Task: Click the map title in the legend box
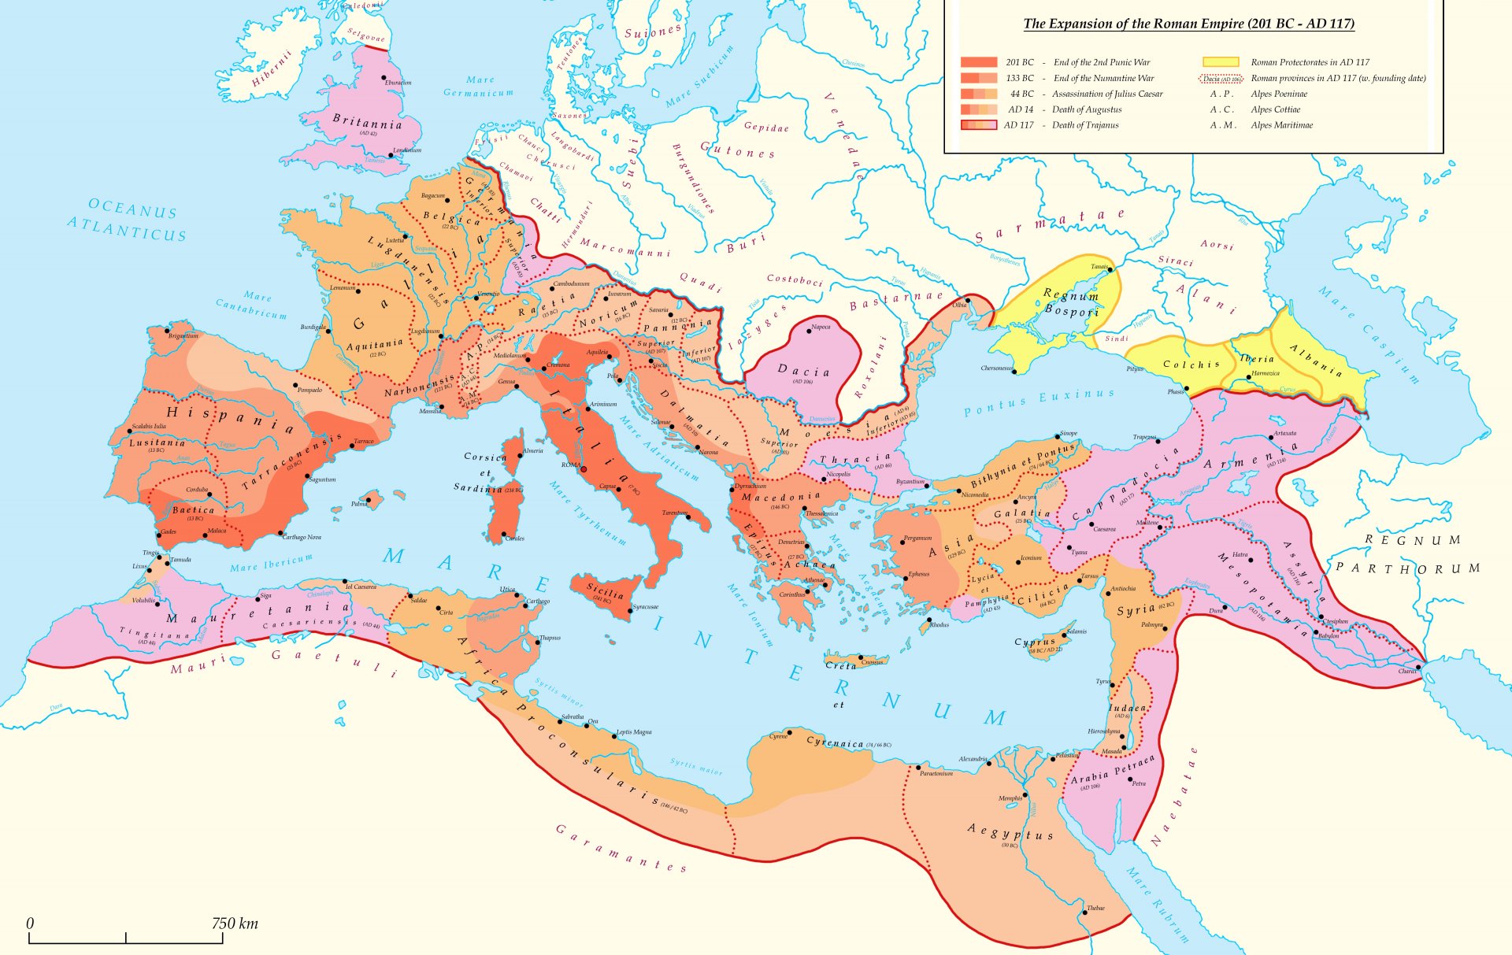tap(1188, 24)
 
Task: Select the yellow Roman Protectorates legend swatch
tap(1220, 62)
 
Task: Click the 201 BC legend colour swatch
tap(978, 62)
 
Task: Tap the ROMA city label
tap(571, 465)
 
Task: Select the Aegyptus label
tap(1010, 831)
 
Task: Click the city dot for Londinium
tap(391, 156)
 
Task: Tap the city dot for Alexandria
tap(989, 761)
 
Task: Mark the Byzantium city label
tap(910, 481)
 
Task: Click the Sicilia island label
tap(605, 590)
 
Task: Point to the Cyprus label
tap(1034, 642)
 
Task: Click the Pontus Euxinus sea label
tap(1039, 402)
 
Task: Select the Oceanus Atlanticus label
tap(128, 220)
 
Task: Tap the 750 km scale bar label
tap(234, 924)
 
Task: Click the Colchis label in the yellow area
tap(1191, 365)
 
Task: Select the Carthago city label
tap(538, 602)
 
